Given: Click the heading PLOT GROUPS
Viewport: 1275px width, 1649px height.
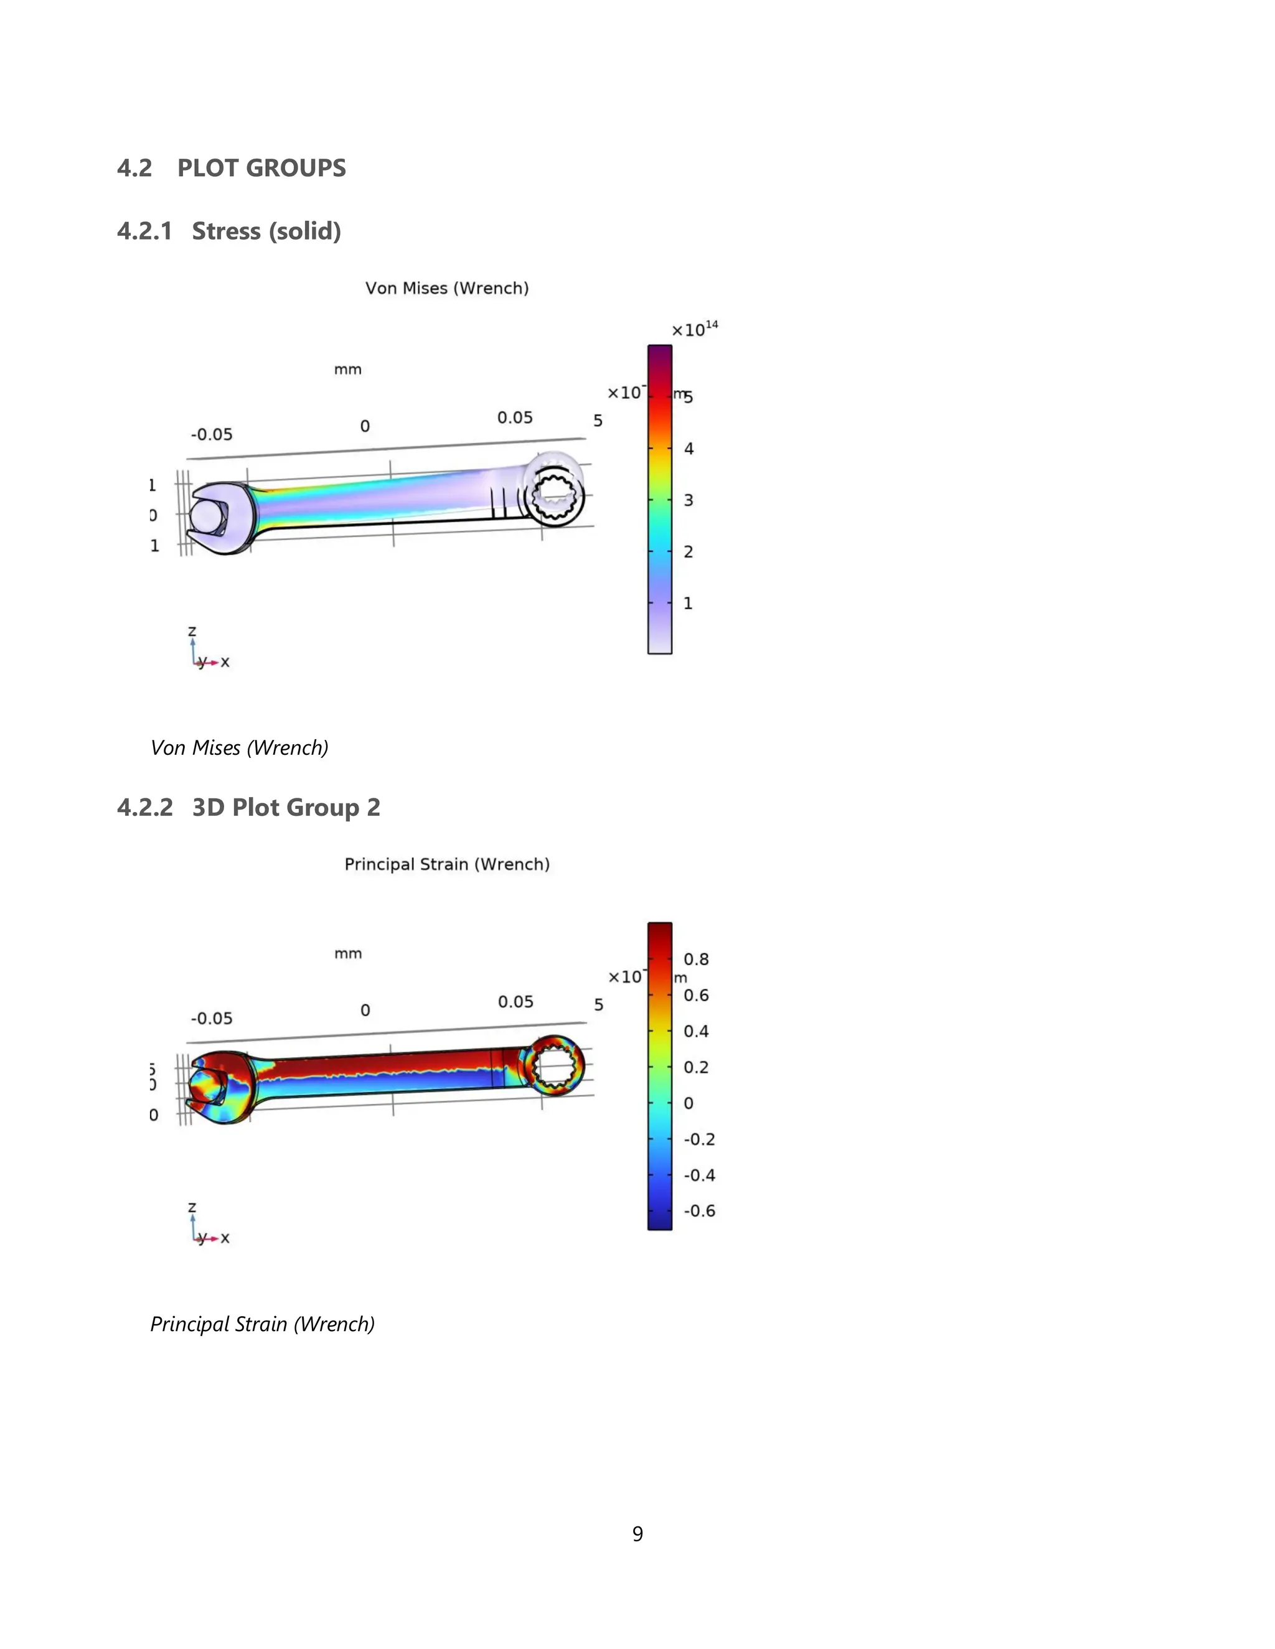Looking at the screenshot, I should tap(261, 167).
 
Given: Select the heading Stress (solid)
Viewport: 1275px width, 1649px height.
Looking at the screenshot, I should tap(266, 231).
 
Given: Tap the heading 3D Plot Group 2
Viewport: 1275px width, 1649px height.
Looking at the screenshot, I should tap(286, 807).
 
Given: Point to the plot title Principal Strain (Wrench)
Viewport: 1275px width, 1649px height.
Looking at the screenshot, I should tap(446, 864).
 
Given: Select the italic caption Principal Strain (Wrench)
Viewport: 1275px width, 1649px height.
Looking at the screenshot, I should tap(262, 1324).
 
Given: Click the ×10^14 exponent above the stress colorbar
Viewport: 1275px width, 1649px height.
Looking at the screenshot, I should tap(694, 329).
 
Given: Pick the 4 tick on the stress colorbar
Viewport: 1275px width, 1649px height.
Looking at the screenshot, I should tap(688, 449).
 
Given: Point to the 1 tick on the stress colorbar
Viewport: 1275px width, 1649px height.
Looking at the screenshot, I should tap(687, 603).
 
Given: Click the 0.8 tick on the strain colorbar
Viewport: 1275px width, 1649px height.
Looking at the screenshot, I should tap(695, 959).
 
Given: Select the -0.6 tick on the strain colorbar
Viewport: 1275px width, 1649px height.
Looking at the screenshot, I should tap(699, 1210).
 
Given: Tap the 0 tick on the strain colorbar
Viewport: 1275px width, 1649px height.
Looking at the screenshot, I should tap(688, 1103).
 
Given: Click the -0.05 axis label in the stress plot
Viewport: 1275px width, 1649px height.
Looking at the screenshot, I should tap(212, 434).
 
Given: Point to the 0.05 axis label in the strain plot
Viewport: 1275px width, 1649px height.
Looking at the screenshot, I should tap(515, 1001).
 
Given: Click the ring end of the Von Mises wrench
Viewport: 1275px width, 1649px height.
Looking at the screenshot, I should tap(555, 491).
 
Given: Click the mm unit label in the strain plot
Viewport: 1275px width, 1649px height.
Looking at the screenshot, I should tap(347, 953).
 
